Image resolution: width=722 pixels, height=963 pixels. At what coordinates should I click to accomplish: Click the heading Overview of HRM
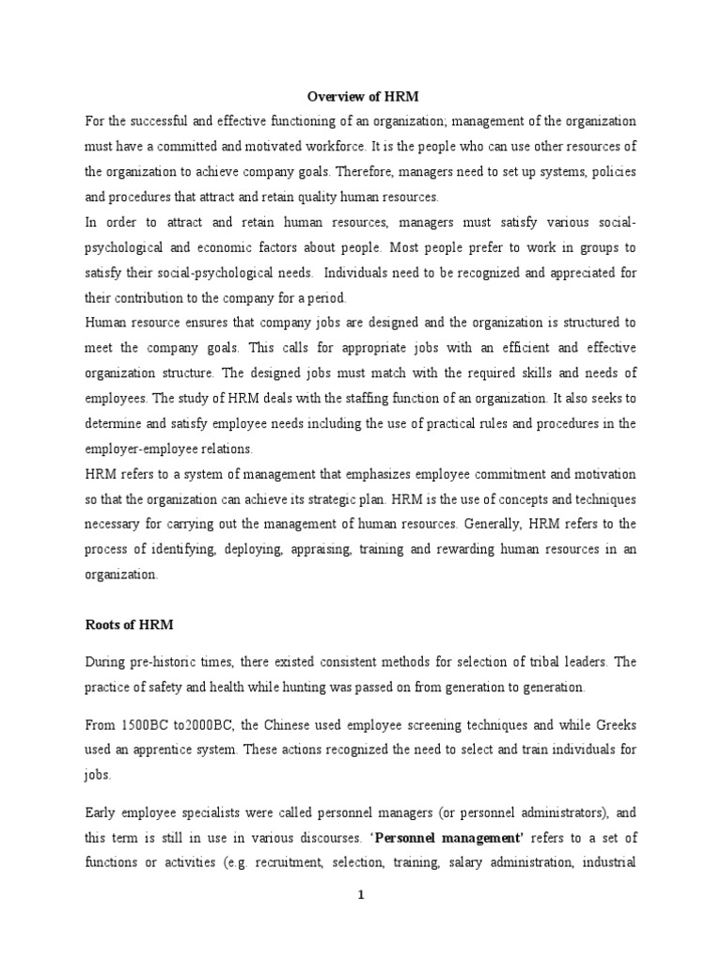point(360,97)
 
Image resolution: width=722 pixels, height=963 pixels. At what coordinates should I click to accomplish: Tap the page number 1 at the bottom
point(360,895)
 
